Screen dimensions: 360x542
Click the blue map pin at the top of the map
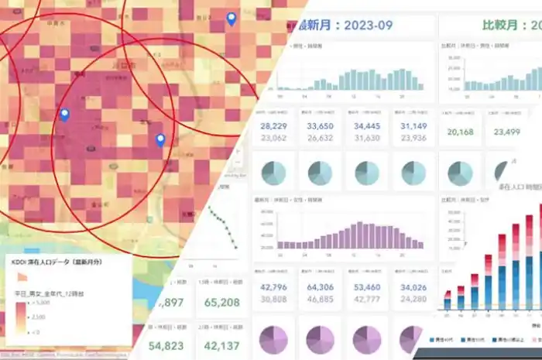click(x=231, y=19)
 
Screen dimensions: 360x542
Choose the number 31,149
click(x=413, y=126)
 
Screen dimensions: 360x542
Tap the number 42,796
click(x=274, y=288)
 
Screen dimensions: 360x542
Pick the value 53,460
click(x=366, y=288)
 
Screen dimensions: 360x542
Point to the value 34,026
click(x=413, y=288)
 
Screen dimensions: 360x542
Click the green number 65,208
click(x=222, y=303)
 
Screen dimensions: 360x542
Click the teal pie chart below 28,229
click(x=276, y=172)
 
